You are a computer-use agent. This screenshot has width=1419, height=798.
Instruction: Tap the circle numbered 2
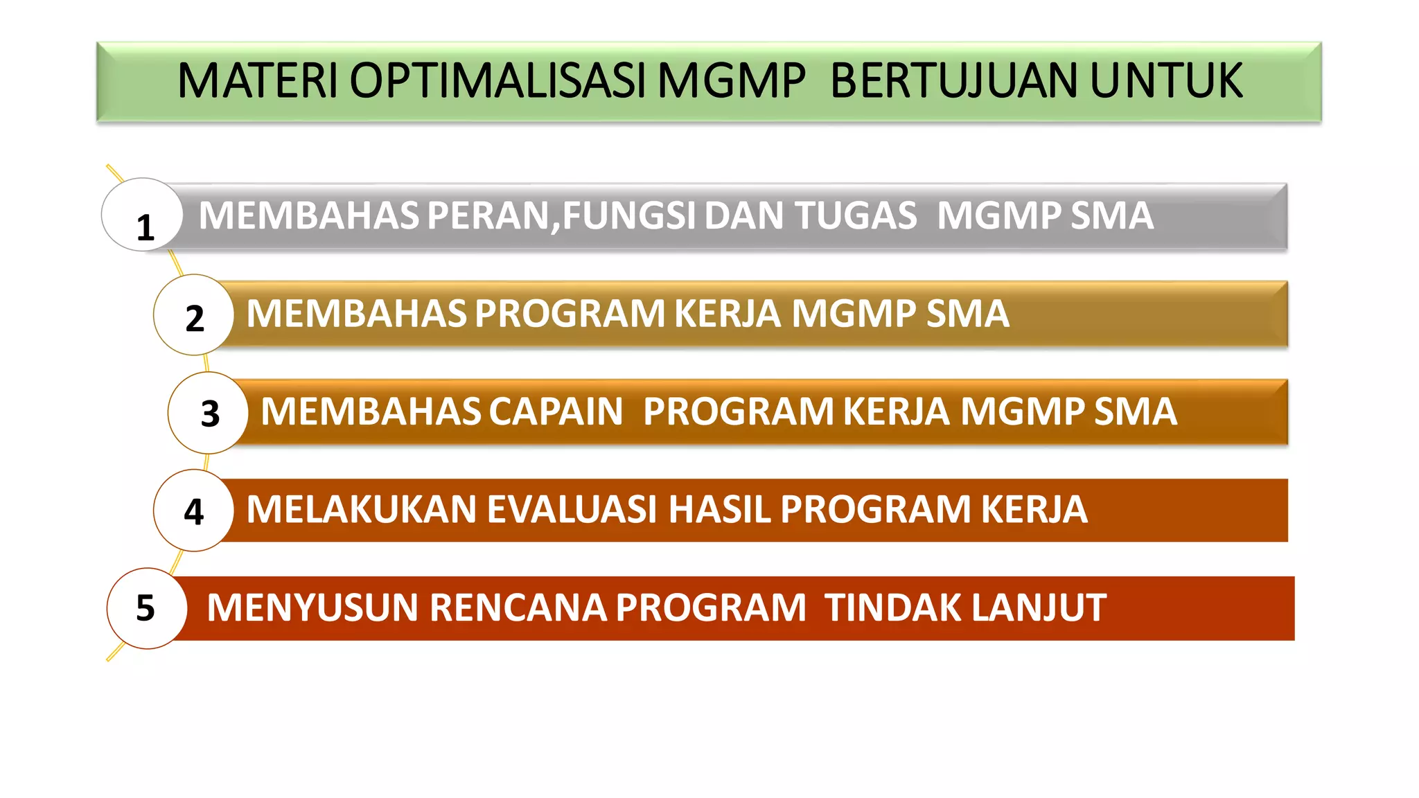[x=194, y=315]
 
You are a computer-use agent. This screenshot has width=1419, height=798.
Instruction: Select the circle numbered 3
[x=208, y=413]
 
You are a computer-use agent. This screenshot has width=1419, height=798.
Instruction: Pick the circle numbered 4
[x=194, y=511]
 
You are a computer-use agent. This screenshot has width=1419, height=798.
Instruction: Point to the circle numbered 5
[x=147, y=608]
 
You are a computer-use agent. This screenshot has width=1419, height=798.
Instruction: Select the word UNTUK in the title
[x=1166, y=81]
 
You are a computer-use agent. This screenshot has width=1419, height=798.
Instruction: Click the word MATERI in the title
[x=257, y=81]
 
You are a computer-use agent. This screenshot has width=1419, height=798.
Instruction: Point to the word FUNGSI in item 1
[x=628, y=215]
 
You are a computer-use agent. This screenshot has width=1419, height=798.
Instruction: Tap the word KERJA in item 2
[x=728, y=314]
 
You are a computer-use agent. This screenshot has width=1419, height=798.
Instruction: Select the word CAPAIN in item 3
[x=556, y=411]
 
